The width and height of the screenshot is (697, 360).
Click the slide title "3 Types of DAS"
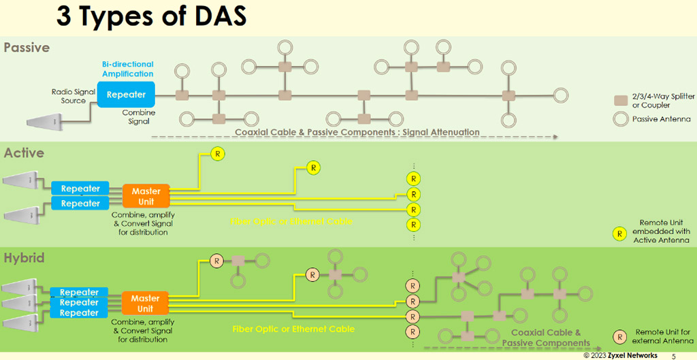click(151, 17)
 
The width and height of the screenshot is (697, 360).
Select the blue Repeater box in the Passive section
click(127, 95)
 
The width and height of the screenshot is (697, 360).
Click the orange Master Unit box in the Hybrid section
click(145, 304)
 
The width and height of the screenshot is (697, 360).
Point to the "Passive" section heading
click(27, 48)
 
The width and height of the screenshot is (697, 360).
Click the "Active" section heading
click(24, 153)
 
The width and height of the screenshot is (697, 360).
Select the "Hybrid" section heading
click(25, 259)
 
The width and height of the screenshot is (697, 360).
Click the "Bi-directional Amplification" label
click(128, 69)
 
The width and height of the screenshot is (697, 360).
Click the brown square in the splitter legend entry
click(620, 101)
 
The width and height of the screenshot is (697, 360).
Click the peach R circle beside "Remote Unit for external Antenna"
click(620, 336)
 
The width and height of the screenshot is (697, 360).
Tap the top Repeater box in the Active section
click(80, 189)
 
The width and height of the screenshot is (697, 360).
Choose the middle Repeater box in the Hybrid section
click(79, 303)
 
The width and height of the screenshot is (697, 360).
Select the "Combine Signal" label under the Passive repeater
click(139, 117)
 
